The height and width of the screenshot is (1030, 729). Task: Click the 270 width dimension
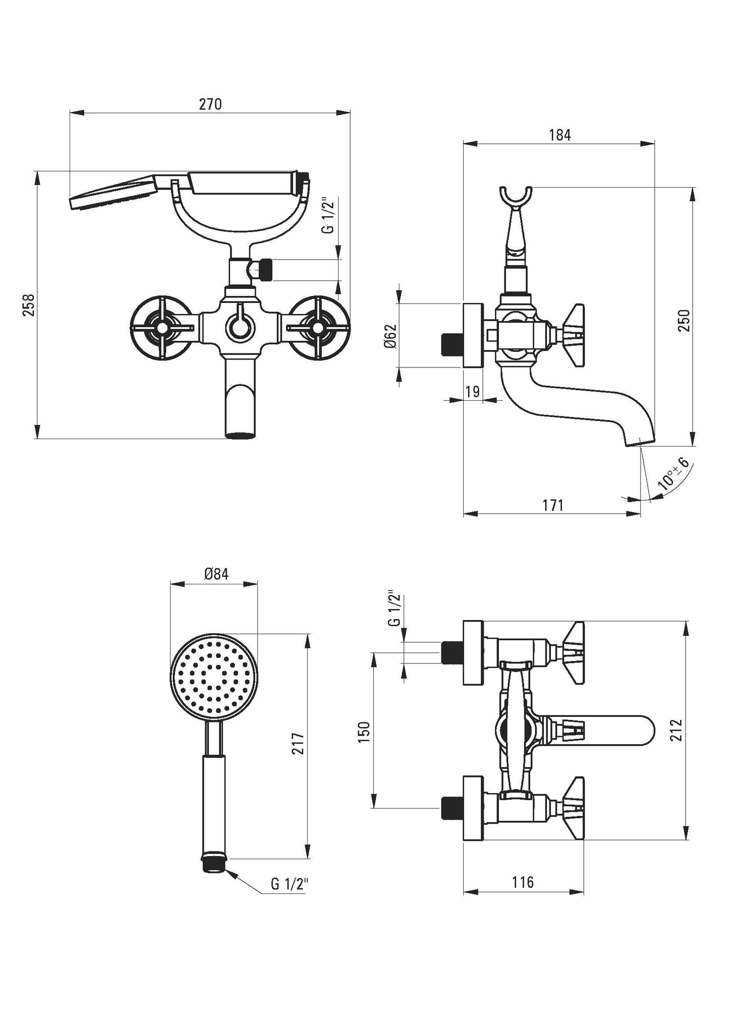[210, 104]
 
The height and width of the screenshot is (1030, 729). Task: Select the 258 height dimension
[29, 305]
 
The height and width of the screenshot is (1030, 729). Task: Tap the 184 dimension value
[559, 135]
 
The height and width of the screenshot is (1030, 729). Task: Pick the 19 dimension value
[473, 391]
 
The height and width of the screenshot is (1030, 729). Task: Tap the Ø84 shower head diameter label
[216, 574]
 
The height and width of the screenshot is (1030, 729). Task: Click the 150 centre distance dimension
[364, 732]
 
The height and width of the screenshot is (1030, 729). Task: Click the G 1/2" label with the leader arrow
[290, 884]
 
